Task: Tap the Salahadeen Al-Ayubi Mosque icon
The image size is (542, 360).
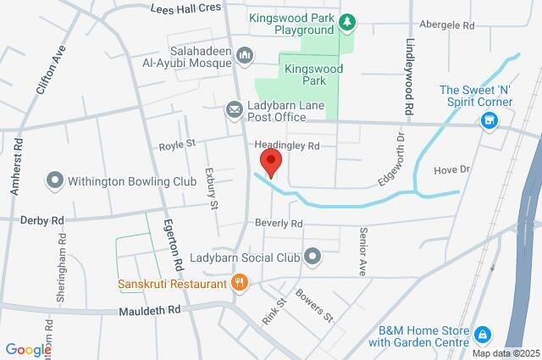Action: pos(246,55)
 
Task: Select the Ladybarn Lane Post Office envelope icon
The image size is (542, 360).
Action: pos(233,110)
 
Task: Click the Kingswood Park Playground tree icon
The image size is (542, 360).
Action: pos(346,20)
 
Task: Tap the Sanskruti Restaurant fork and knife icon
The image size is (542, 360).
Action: pos(241,284)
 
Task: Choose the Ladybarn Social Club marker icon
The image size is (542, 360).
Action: pos(313,254)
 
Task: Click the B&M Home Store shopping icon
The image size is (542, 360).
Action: pos(483,335)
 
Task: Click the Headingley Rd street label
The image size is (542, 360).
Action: pos(289,146)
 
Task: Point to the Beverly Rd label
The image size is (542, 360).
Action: pos(279,224)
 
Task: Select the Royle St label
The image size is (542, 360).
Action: pos(178,145)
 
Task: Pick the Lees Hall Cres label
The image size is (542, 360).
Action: pos(185,8)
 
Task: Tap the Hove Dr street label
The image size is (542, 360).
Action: pos(451,169)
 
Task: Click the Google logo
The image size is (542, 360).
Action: pos(29,349)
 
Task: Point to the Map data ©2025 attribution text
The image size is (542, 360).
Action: pos(505,353)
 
